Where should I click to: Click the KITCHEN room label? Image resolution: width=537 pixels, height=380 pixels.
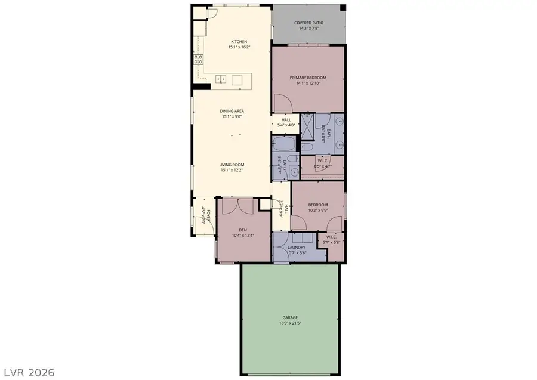(239, 42)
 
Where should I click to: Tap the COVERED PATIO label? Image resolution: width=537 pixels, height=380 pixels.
(308, 23)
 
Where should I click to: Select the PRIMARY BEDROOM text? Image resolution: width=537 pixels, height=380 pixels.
(308, 78)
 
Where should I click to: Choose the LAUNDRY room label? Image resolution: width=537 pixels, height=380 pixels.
(297, 247)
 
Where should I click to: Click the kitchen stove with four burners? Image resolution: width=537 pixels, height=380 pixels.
(198, 59)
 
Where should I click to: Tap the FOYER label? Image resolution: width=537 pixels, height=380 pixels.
(203, 213)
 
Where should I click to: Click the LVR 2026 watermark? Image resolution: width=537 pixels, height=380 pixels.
(27, 372)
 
